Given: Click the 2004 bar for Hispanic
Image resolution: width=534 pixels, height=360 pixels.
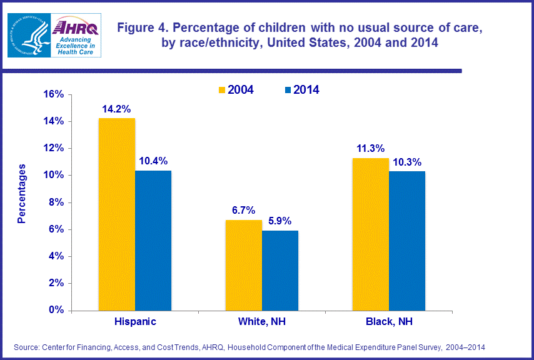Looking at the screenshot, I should (x=117, y=214).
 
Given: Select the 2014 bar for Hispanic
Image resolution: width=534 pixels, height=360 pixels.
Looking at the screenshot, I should (x=153, y=240).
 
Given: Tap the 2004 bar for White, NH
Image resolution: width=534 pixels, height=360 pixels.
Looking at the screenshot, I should (x=244, y=264).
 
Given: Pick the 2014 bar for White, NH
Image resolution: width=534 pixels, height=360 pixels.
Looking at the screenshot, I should (x=280, y=270).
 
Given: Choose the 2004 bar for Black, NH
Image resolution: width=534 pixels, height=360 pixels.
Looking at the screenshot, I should (x=371, y=234).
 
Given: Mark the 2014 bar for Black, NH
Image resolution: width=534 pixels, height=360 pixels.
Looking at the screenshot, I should (x=407, y=241).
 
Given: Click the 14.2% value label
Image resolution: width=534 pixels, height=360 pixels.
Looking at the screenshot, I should (x=117, y=108).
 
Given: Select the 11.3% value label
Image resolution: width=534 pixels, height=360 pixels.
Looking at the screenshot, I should (x=370, y=148).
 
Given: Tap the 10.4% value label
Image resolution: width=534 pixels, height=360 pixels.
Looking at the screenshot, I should (x=154, y=161).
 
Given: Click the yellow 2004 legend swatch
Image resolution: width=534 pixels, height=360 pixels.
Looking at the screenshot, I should (x=222, y=90).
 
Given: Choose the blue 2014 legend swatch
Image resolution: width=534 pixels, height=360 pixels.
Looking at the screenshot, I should (x=288, y=90).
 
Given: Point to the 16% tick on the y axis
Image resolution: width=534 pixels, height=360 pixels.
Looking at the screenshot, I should (x=53, y=94).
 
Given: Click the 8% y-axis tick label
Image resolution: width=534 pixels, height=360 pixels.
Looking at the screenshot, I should (x=56, y=202).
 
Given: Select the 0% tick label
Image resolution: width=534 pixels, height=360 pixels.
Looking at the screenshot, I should (x=56, y=310).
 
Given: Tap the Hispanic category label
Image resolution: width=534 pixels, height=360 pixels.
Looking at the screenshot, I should (x=135, y=322).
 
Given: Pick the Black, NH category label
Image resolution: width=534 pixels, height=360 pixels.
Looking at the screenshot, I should (x=388, y=322).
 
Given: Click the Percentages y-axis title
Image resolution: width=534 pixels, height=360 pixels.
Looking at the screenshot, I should (x=22, y=194).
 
